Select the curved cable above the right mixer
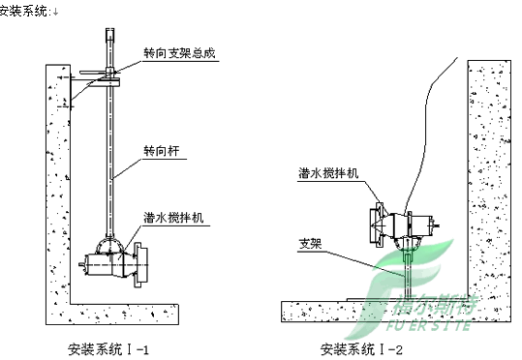coord(436,106)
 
